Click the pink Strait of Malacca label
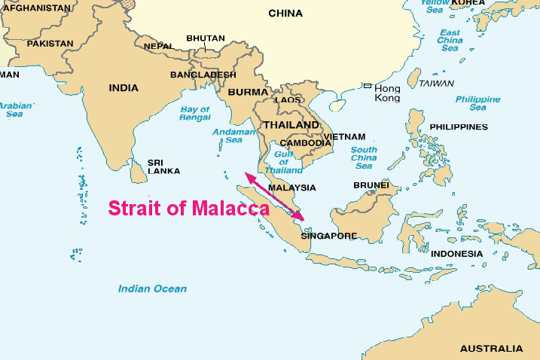click(189, 209)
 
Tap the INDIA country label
click(124, 88)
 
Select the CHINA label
click(285, 14)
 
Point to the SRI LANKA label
click(164, 166)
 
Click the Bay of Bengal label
click(194, 114)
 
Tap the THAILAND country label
click(290, 124)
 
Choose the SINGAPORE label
click(328, 236)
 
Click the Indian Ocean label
click(152, 288)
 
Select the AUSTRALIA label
click(490, 349)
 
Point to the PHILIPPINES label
click(459, 127)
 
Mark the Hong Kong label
click(387, 93)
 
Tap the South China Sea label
click(364, 157)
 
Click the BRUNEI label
click(371, 185)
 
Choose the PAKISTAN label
click(50, 44)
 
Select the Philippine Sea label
click(477, 103)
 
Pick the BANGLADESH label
click(203, 75)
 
